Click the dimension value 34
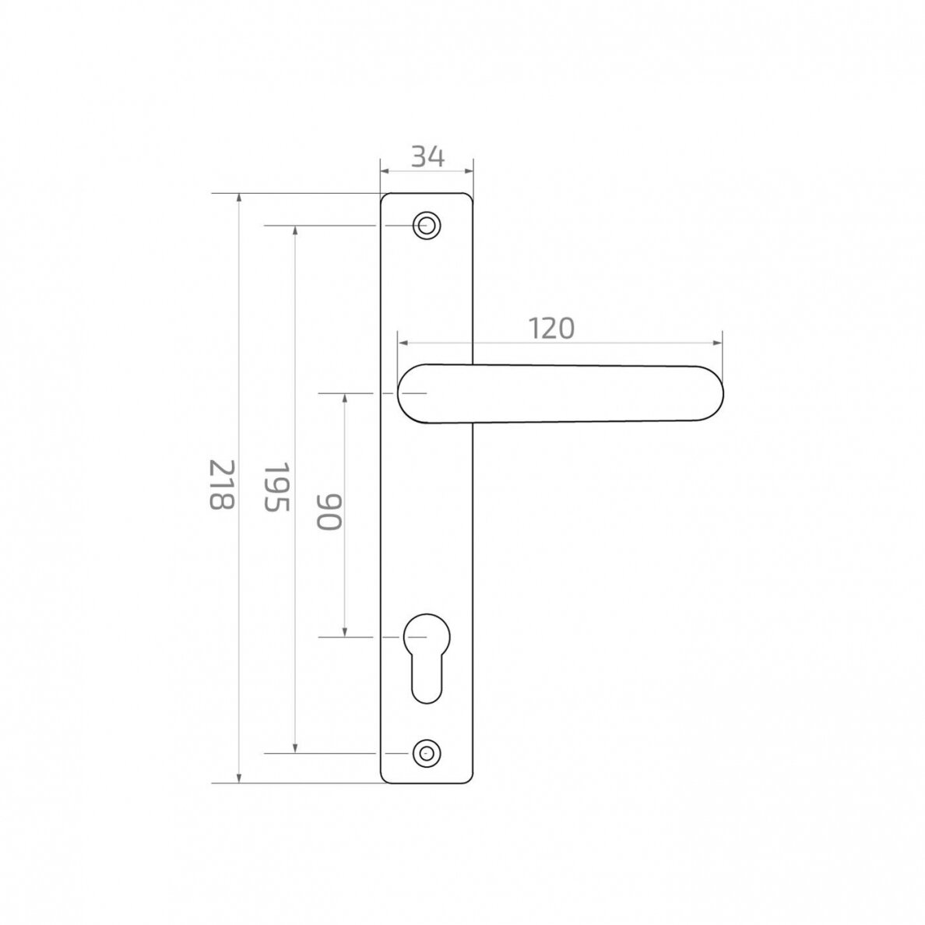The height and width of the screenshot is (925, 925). pos(427,157)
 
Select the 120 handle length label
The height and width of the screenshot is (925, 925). pos(551,329)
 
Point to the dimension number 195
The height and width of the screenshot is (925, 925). pos(276,487)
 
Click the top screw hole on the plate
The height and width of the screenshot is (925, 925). pos(427,225)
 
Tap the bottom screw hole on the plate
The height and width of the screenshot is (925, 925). pos(427,754)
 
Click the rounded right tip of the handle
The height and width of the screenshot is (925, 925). pos(722,393)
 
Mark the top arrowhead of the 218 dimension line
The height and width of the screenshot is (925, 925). pos(239,198)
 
